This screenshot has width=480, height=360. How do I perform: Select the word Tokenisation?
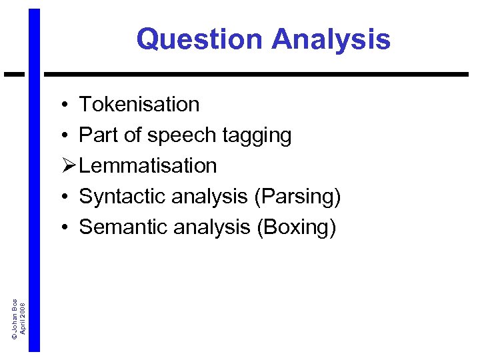[x=139, y=105]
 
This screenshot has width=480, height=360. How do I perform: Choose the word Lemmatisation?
[x=148, y=165]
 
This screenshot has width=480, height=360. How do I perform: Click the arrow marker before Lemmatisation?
[x=66, y=165]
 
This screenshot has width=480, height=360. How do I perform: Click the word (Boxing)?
[x=296, y=227]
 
